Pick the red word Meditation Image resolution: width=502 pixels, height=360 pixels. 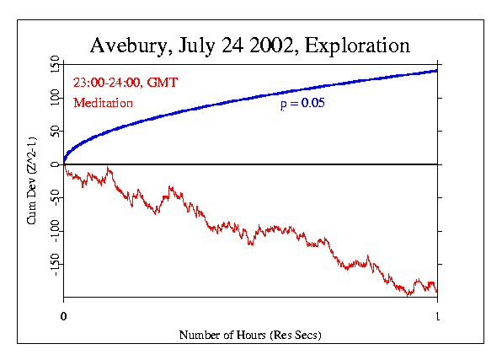pos(104,104)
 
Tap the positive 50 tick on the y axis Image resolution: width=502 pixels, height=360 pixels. pos(54,131)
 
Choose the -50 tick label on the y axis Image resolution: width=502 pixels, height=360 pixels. pos(54,198)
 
